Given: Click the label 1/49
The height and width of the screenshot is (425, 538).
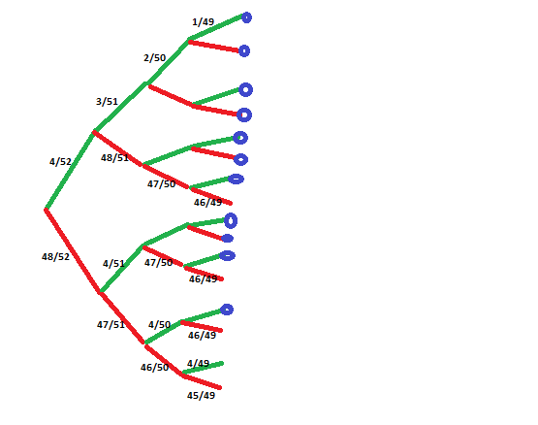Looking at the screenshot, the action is (204, 22).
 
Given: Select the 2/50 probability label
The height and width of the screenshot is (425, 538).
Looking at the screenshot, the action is (155, 57).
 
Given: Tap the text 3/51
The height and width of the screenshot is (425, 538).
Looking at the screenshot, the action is (107, 102).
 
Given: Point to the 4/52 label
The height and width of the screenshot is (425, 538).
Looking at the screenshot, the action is (60, 161).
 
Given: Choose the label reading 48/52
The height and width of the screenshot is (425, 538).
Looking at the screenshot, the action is (55, 256).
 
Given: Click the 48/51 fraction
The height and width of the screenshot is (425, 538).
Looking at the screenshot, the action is (114, 158).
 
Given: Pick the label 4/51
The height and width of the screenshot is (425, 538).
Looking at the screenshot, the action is (113, 264).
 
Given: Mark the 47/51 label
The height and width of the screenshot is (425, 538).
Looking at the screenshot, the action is (111, 325).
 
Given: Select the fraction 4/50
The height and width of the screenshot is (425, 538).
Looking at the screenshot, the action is (160, 325).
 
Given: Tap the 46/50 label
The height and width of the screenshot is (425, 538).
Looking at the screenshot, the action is (155, 368).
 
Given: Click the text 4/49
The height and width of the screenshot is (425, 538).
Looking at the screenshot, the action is (198, 363).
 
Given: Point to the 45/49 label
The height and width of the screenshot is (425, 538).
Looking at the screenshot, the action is (201, 396).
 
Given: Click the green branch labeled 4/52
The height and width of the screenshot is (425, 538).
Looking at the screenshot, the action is (70, 170).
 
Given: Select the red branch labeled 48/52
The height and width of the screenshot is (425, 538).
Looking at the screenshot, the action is (73, 250).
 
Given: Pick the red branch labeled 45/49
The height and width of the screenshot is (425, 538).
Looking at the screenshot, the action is (202, 381).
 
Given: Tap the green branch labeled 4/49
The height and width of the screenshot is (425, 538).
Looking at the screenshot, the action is (203, 368).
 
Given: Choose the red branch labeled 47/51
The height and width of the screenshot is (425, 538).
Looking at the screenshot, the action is (122, 318).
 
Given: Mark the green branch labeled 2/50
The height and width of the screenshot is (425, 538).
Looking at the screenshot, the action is (168, 61).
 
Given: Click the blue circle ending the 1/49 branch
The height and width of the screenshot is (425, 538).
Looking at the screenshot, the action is (246, 17).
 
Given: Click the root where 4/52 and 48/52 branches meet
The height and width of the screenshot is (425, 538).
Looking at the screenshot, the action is (46, 209).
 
